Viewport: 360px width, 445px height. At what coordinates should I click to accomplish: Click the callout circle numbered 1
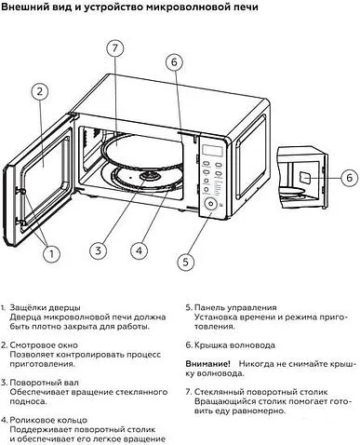click(51, 254)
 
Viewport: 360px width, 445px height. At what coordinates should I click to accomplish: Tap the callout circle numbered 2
click(40, 92)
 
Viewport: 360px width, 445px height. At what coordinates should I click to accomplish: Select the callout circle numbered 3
click(99, 250)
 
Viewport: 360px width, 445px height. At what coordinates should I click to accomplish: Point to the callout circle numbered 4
click(139, 250)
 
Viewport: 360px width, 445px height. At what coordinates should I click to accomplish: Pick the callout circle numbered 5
click(185, 262)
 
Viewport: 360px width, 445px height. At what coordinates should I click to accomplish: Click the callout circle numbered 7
click(115, 48)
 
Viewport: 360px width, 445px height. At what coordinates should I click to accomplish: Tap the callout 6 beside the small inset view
click(350, 178)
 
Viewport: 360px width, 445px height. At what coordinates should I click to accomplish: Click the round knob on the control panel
click(211, 204)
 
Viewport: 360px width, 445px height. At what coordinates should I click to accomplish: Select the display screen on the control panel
click(213, 151)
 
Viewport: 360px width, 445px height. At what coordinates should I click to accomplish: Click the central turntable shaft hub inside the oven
click(150, 176)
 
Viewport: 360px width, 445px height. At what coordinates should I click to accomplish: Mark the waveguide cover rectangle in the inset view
click(305, 178)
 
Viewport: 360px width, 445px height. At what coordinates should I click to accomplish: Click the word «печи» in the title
click(245, 7)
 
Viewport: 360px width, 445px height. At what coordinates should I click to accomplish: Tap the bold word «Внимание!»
click(207, 364)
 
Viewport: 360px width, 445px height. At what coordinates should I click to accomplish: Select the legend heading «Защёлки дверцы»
click(45, 308)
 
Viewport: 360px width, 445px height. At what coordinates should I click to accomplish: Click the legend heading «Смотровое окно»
click(44, 345)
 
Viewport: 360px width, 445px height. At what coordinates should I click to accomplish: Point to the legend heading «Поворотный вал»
click(44, 383)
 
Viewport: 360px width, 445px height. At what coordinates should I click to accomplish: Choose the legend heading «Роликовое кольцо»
click(48, 420)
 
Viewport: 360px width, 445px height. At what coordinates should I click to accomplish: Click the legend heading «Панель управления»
click(235, 308)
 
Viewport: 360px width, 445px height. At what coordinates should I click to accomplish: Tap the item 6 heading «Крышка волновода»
click(234, 345)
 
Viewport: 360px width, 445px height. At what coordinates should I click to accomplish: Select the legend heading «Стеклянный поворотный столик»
click(261, 392)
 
